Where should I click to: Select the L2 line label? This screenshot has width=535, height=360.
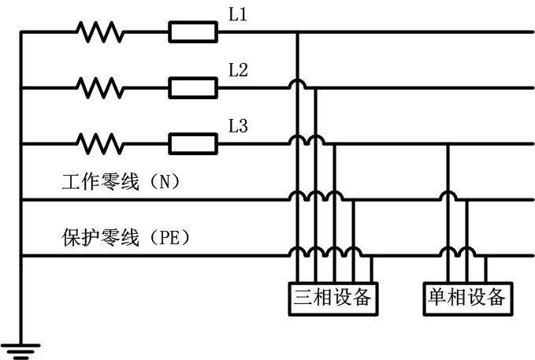click(238, 70)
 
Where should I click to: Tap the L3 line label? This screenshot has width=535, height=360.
click(238, 125)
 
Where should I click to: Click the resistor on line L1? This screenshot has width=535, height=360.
click(99, 32)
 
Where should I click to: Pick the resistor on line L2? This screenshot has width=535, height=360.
click(99, 87)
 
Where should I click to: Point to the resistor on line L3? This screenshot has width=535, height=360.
click(99, 143)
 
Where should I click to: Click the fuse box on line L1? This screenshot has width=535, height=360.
click(193, 32)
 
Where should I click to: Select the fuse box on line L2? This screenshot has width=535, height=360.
click(193, 87)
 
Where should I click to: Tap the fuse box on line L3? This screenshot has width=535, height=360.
click(193, 143)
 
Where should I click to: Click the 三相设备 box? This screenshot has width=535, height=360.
click(332, 298)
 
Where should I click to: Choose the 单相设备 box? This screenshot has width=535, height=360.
click(465, 298)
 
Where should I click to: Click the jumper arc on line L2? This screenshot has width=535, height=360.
click(297, 85)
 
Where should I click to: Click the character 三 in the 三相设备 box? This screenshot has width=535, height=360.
click(303, 298)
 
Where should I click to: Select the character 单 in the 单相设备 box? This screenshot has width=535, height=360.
click(437, 298)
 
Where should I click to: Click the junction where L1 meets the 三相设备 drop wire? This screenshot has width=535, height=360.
click(297, 32)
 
